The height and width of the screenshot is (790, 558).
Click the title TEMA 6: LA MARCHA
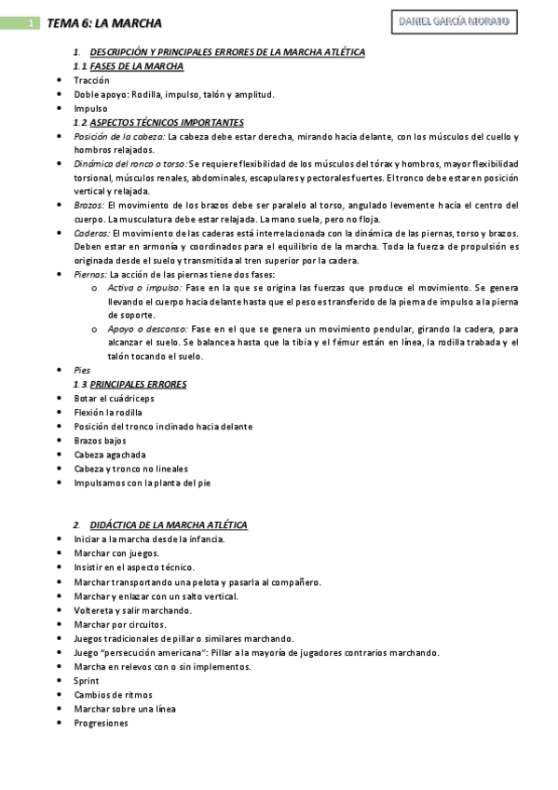104,23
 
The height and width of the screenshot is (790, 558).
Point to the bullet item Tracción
91,80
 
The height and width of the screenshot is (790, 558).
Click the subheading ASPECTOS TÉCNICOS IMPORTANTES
167,122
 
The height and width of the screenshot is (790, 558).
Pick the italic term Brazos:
89,204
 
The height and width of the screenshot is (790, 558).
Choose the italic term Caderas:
92,232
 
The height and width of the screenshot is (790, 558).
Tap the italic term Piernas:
91,274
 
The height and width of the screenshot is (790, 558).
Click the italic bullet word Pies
82,370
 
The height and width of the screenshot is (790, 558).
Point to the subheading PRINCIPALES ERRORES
138,384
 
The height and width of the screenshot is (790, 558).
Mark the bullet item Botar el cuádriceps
114,398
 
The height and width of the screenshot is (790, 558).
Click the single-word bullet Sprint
87,680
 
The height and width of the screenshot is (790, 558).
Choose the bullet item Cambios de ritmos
113,695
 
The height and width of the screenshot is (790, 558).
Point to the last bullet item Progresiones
101,723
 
